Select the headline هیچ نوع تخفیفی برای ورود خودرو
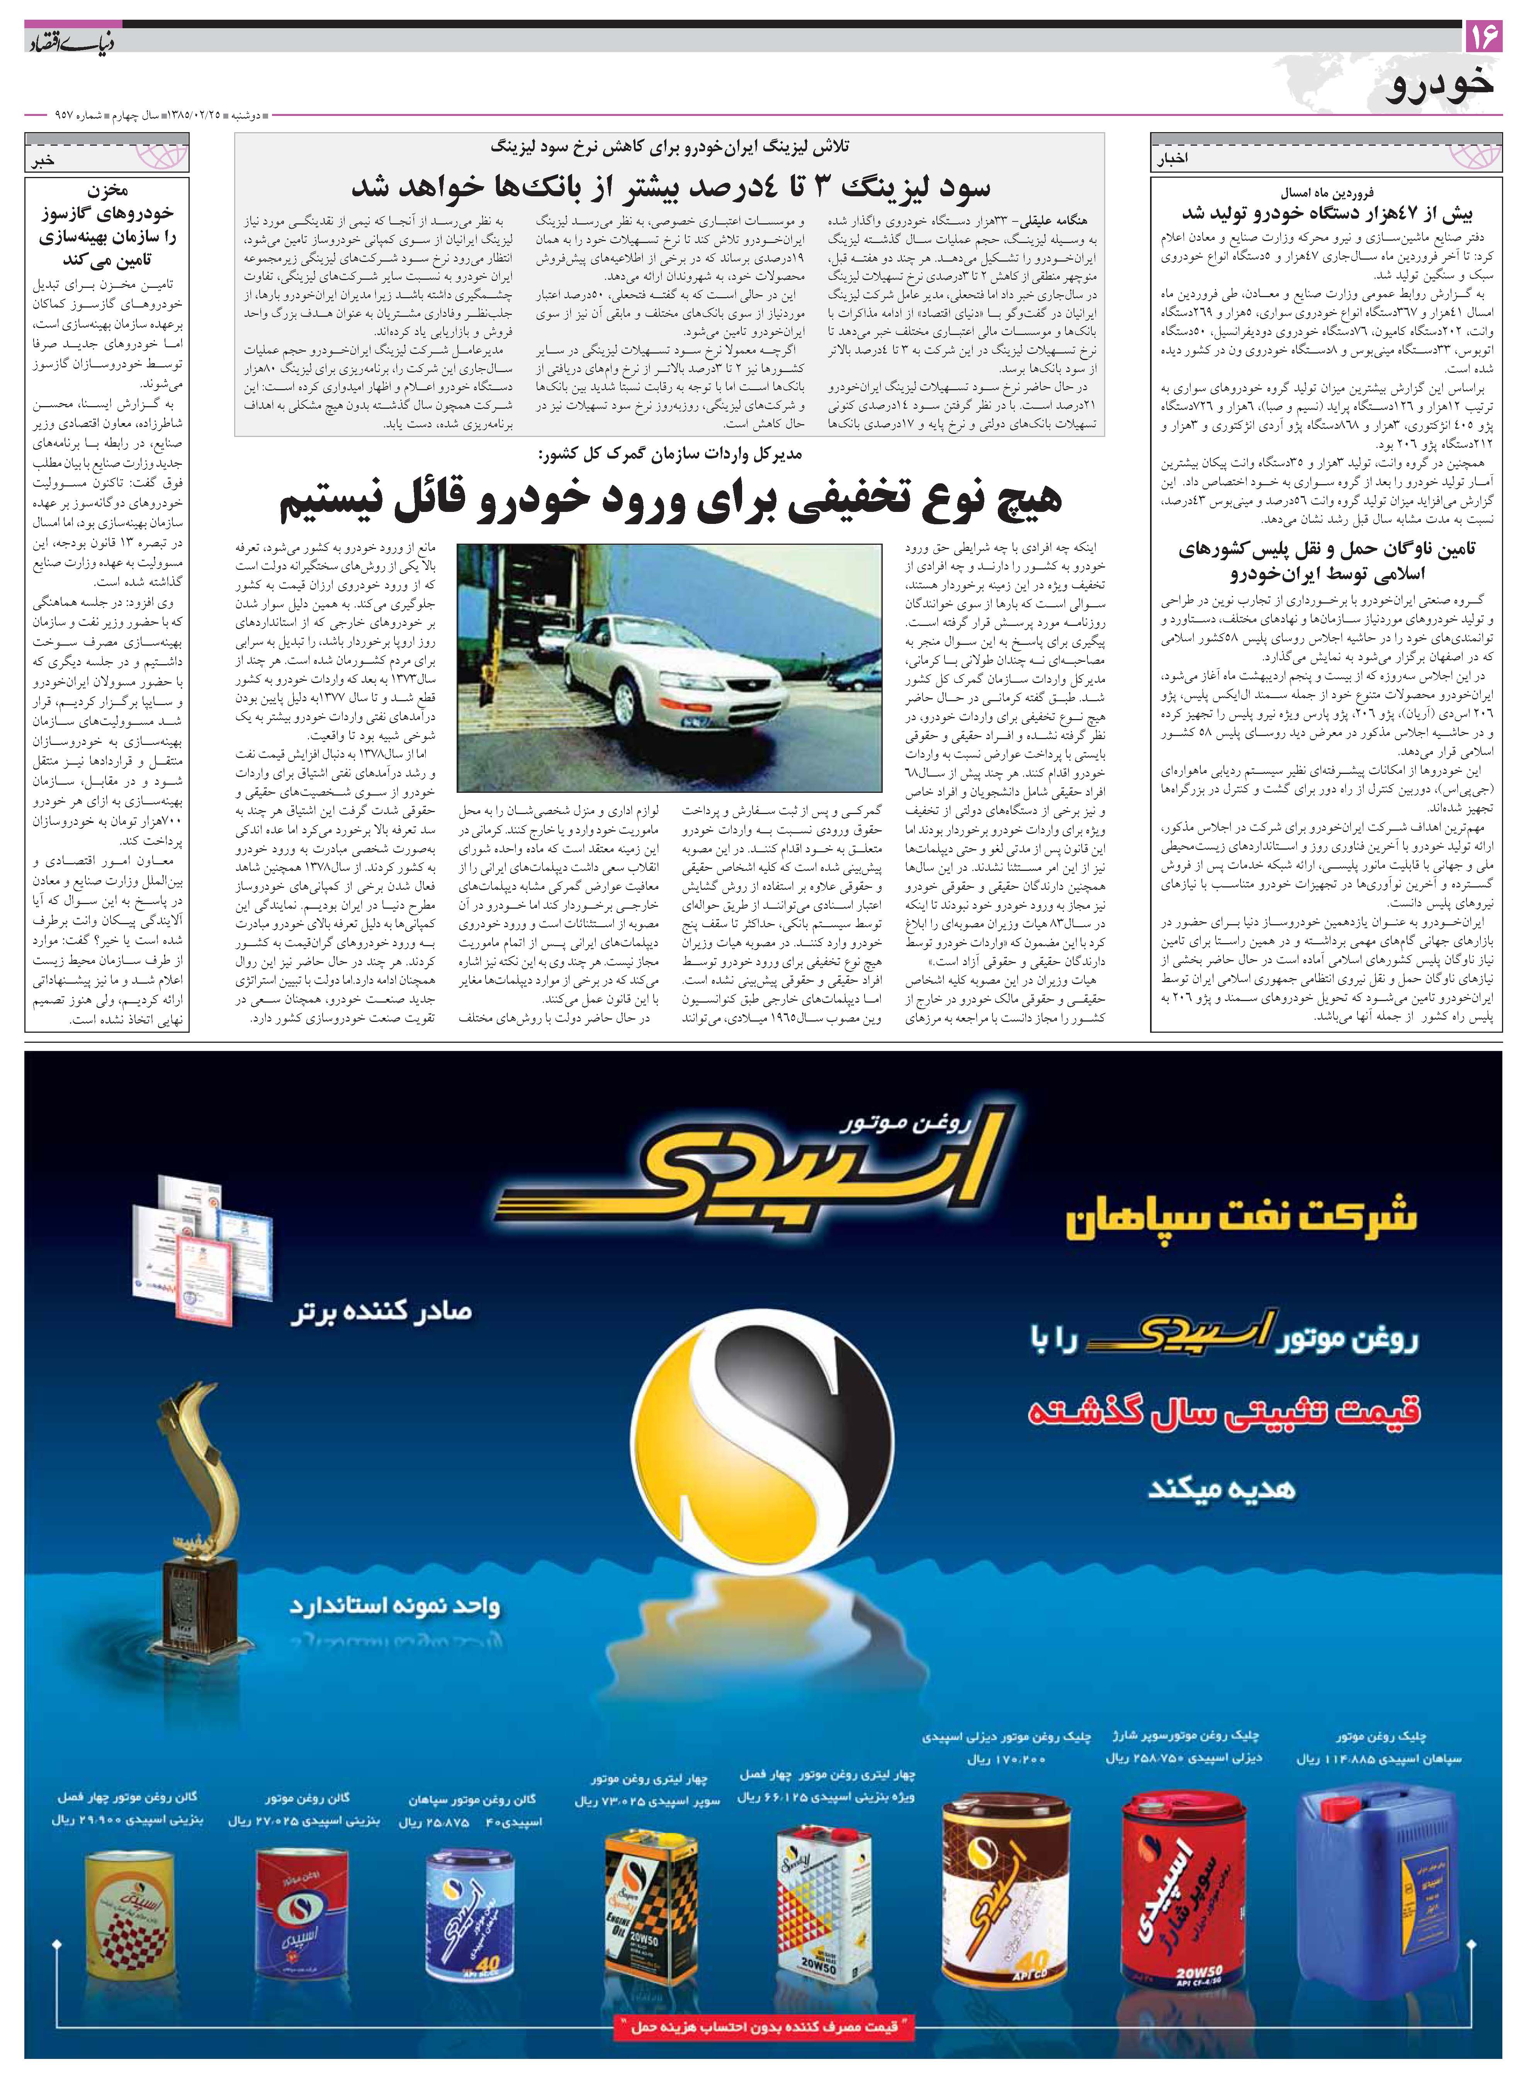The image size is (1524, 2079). click(x=671, y=499)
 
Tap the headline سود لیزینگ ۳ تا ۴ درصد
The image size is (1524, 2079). click(x=671, y=187)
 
